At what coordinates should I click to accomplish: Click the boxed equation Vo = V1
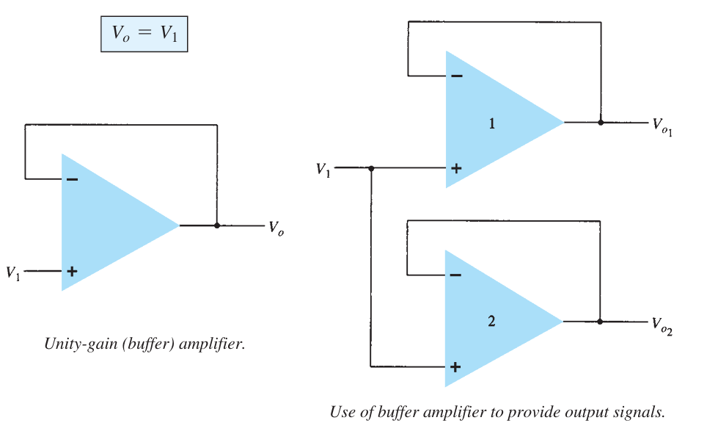point(144,35)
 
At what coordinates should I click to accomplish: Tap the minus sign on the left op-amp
point(72,179)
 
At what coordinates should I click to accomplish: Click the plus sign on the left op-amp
point(72,271)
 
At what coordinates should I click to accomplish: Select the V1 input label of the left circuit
point(13,272)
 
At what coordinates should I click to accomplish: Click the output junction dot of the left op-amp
point(217,225)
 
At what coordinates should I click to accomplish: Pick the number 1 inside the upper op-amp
point(492,123)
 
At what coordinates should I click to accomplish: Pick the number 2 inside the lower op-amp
point(492,321)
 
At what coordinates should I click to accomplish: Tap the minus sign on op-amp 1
point(456,76)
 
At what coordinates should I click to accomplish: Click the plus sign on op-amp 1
point(456,168)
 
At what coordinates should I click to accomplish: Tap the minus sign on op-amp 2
point(455,275)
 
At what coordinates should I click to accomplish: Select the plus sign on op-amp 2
point(455,366)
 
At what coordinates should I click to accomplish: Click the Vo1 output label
point(662,126)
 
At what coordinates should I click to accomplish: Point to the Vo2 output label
point(662,325)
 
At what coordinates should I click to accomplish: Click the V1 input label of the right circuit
point(323,169)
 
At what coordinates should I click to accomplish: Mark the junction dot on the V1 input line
point(371,168)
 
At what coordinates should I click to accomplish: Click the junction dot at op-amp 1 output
point(601,123)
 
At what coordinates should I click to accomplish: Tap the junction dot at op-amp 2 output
point(600,321)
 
